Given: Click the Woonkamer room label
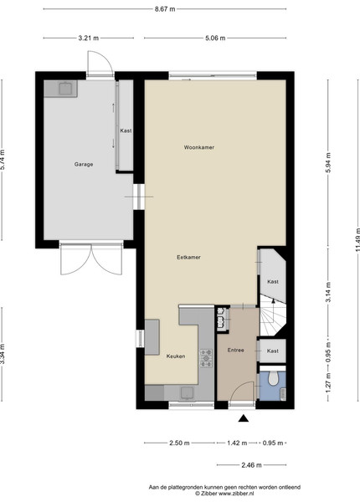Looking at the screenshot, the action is [199, 147].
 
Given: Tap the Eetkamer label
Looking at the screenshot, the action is [188, 257].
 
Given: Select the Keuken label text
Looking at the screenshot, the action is [176, 356].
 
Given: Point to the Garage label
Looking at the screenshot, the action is [84, 164].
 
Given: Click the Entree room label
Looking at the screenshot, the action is [236, 351].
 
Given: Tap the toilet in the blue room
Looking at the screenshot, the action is [273, 378].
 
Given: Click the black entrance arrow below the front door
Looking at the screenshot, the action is [244, 418].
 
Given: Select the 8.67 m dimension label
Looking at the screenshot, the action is [165, 9].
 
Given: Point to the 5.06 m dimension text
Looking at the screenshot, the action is [215, 38].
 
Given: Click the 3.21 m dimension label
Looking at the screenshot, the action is [89, 38].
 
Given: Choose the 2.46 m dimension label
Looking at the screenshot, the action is [251, 465].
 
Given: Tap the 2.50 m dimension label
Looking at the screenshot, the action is [179, 443].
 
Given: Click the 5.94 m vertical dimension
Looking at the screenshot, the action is [328, 162].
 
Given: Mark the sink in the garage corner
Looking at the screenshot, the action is [66, 89].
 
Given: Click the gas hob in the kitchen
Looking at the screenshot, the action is [206, 358].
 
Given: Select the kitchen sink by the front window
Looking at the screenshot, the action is [187, 393].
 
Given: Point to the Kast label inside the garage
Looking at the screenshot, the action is [126, 131].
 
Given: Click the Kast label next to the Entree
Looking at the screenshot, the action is [273, 351].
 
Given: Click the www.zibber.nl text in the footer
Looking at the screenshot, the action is [236, 494].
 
